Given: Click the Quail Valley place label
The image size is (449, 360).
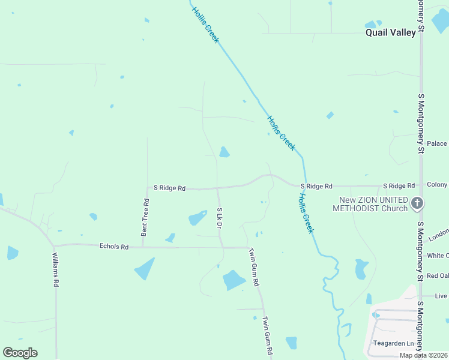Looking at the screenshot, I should (x=391, y=32).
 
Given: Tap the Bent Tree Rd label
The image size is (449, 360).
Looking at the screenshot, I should (x=145, y=217).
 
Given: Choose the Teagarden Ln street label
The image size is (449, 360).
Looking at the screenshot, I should (x=393, y=344).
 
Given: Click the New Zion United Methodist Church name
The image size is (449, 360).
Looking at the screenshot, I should (x=373, y=204).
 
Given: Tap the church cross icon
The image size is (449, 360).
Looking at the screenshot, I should (x=418, y=204).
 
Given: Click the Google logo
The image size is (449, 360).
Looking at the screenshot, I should (x=20, y=353).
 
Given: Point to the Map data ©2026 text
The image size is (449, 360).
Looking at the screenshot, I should (x=424, y=355).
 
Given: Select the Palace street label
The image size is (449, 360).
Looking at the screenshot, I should (x=437, y=143).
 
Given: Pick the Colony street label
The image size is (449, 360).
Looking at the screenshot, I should (x=437, y=185).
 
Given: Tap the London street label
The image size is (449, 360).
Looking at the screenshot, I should (x=438, y=233).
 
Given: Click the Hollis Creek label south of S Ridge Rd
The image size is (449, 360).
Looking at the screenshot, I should (x=306, y=212).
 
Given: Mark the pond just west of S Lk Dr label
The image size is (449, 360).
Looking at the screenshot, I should (x=197, y=218).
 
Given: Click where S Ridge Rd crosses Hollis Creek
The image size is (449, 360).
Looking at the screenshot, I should (x=304, y=185).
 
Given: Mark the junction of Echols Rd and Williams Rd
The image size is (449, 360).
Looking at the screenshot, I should (x=54, y=247).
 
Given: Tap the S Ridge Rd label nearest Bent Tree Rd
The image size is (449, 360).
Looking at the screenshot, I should (x=169, y=188).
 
